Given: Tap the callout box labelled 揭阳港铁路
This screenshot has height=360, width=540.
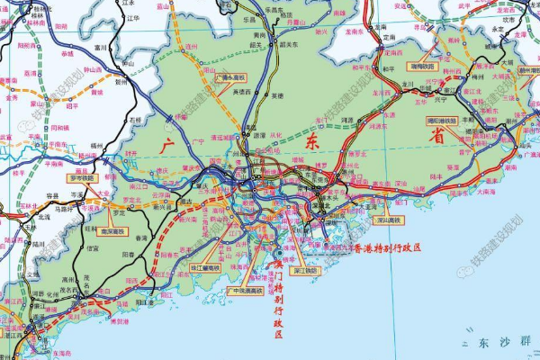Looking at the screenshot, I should (441, 119).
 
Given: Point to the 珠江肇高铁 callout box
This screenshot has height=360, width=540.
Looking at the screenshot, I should (206, 267).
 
